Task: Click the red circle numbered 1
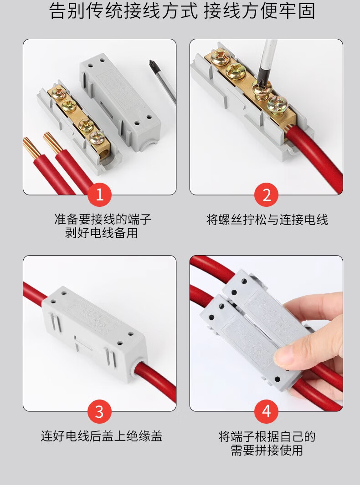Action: (x=99, y=195)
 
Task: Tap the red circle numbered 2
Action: (x=266, y=195)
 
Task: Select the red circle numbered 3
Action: (x=99, y=411)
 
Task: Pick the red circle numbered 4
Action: (x=266, y=411)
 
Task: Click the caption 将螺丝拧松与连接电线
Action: (x=267, y=220)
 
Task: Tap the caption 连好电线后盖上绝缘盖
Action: (x=102, y=436)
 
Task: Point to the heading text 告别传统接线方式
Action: (x=123, y=11)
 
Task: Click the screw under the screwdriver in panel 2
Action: (x=262, y=89)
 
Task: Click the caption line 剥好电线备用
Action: (x=101, y=233)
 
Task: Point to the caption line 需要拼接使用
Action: (x=267, y=450)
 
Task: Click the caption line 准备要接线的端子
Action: (x=103, y=219)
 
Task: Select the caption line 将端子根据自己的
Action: (x=267, y=436)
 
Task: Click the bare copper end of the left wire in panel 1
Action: (x=31, y=145)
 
